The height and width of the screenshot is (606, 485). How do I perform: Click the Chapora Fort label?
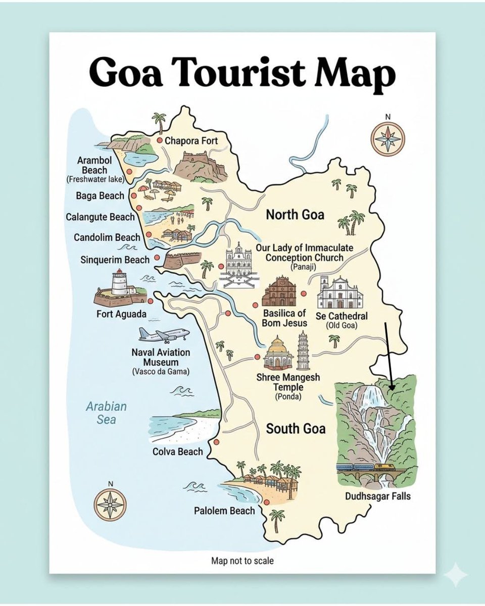coord(191,140)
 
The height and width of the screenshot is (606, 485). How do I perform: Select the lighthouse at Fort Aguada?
coord(119,283)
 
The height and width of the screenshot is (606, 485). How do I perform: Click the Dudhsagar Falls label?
coord(378,496)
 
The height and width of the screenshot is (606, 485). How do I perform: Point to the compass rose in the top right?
coord(387,137)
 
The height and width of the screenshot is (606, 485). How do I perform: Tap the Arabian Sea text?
coord(106,413)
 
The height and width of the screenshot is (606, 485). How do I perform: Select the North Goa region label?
coord(295,215)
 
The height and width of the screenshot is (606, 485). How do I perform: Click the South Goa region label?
coord(296,429)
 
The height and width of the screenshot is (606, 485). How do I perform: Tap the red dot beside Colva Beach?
coord(217,442)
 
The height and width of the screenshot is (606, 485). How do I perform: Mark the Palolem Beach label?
coord(224,511)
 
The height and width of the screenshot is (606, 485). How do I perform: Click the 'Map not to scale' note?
coord(243,561)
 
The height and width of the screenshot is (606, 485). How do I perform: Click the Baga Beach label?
coord(100,195)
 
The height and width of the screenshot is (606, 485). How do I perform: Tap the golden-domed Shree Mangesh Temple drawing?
coord(278,353)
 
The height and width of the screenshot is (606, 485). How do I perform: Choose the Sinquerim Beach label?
coord(115,260)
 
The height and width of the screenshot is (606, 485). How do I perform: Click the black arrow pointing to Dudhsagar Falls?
coord(389,356)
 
